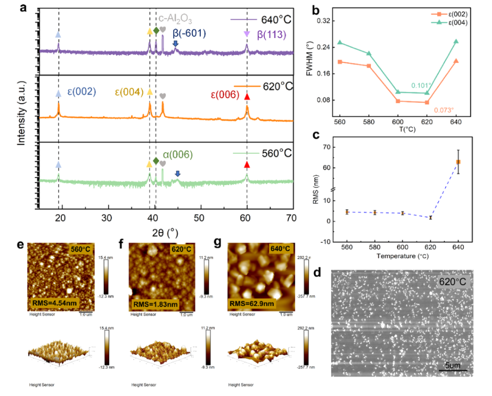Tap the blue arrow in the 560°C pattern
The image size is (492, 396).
(x=177, y=173)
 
